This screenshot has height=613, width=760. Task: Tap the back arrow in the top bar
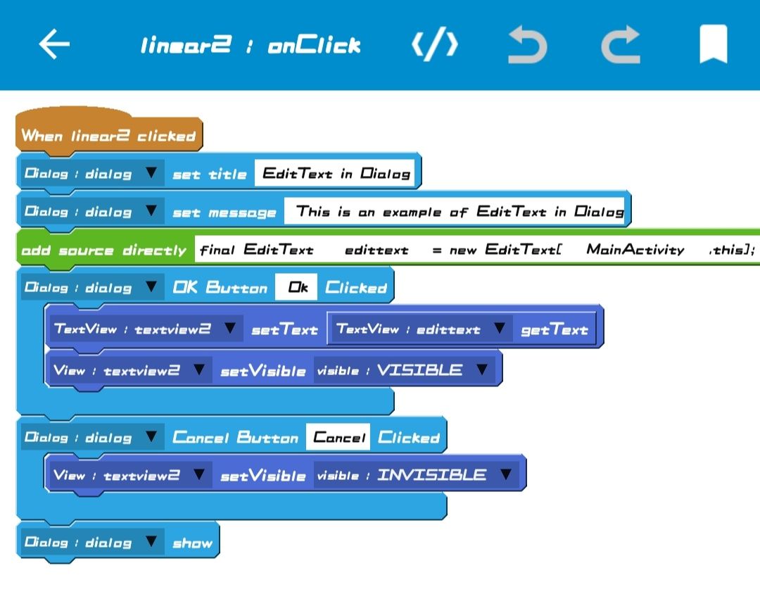coord(54,44)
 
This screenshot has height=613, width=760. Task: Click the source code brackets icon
coord(435,45)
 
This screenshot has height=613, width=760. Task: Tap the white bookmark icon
coord(713,44)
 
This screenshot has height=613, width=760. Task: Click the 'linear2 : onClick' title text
coord(250,46)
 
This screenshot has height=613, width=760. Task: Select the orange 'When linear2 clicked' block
coord(108,135)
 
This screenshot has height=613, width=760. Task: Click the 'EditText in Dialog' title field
coord(336,174)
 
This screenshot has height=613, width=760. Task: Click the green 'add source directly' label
coord(103,250)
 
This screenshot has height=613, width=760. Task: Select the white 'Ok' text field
coord(297,287)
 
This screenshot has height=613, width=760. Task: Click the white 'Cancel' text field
coord(338,437)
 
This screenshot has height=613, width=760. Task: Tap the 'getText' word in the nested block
coord(554,329)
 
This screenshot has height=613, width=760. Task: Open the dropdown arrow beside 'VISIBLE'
coord(482,370)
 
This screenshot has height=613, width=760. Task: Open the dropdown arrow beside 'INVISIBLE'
coord(505,475)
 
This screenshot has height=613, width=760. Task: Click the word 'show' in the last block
coord(192,543)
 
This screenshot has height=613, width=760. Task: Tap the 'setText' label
coord(284,329)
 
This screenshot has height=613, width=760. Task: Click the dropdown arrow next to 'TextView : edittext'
coord(499,329)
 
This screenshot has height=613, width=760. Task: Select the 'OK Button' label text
coord(220,287)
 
